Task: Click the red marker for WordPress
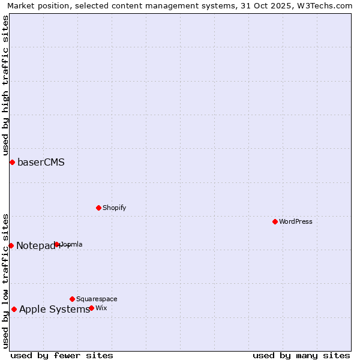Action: tap(275, 221)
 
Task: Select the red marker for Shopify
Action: tap(98, 208)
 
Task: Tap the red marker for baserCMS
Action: tap(12, 162)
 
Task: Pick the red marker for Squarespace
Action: tap(72, 299)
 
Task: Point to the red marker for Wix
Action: tap(91, 308)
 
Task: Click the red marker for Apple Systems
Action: tap(14, 309)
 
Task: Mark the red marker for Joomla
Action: tap(57, 244)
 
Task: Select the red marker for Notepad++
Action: tap(11, 245)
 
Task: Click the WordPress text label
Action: tap(296, 221)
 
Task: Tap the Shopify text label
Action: tap(114, 208)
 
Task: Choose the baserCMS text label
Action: tap(41, 162)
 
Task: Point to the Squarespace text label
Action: tap(97, 299)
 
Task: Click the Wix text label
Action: tap(101, 308)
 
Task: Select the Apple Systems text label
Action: tap(54, 309)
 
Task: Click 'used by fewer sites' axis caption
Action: tap(62, 355)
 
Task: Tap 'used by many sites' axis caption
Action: tap(301, 355)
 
